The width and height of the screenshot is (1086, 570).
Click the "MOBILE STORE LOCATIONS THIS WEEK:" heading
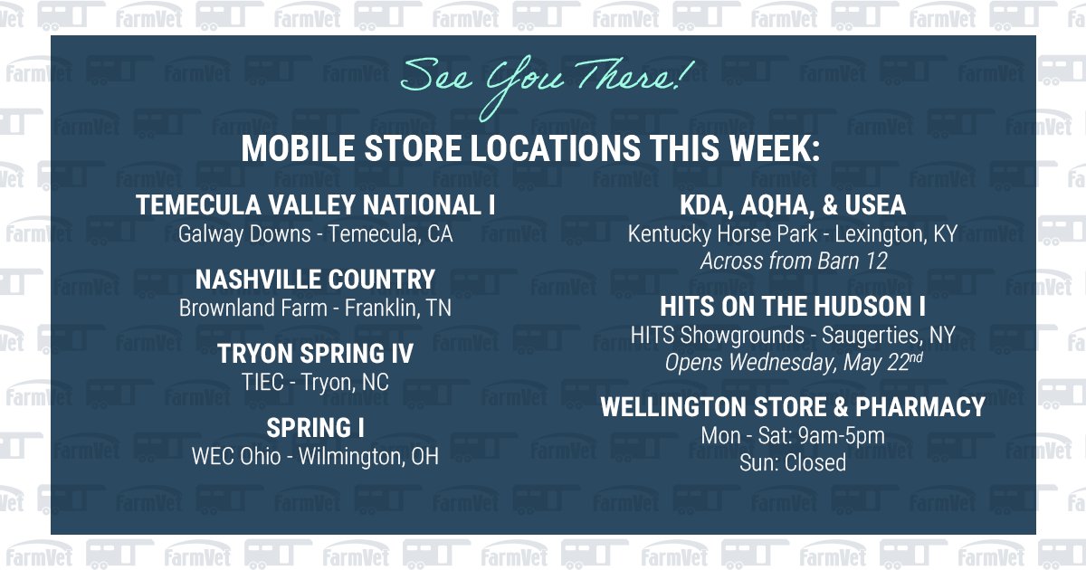tap(530, 149)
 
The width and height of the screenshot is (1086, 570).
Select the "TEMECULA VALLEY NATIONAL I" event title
tap(315, 205)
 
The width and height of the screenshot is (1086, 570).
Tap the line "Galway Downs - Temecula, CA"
tap(315, 234)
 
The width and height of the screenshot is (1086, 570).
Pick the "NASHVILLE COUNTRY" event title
tap(315, 279)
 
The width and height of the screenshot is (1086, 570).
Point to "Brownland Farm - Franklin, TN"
tap(315, 309)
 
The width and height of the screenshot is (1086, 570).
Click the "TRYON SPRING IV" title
tap(315, 353)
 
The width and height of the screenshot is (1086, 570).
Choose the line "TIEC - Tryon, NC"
tap(315, 383)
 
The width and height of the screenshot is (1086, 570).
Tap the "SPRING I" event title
tap(315, 427)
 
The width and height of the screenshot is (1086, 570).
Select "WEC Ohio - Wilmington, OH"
tap(315, 457)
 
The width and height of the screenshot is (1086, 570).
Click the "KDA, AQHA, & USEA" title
tap(793, 205)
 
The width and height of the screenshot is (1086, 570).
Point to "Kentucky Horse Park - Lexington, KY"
tap(793, 234)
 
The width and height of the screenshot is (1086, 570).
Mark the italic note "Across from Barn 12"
tap(793, 261)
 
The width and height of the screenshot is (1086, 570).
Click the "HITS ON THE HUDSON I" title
tap(793, 306)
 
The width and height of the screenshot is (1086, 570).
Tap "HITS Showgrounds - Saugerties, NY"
tap(793, 336)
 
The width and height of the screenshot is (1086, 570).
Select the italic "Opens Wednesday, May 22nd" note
tap(793, 363)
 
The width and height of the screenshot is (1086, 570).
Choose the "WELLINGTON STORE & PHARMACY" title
tap(793, 407)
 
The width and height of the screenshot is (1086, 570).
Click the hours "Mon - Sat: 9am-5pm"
tap(793, 436)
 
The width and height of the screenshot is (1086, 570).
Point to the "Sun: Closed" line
tap(793, 463)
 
